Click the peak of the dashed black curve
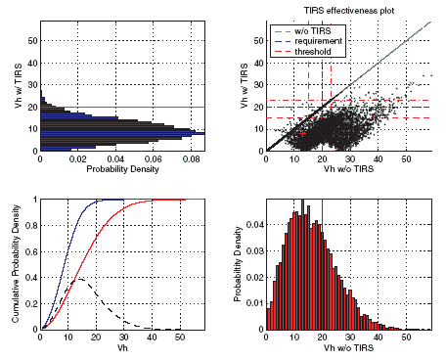click(x=78, y=280)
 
